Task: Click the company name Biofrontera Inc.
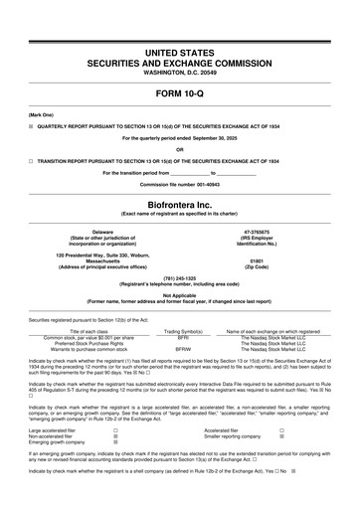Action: [x=179, y=199]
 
